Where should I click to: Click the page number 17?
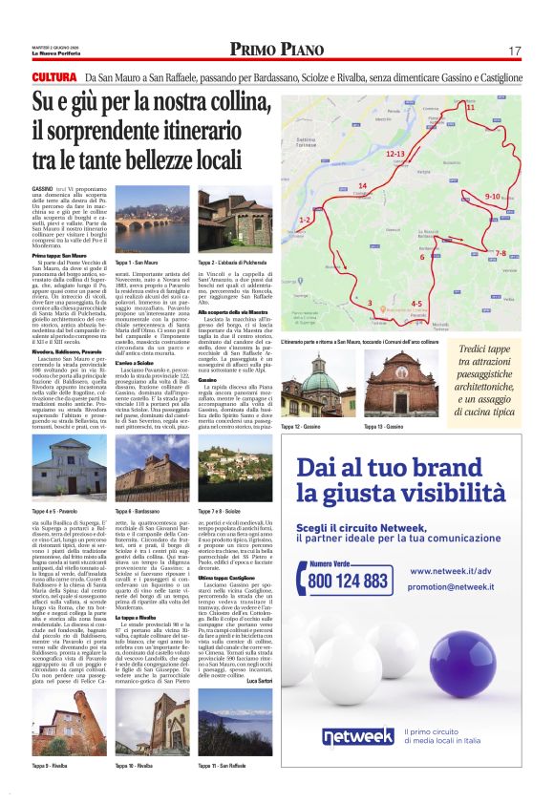point(514,50)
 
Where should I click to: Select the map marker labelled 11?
point(470,108)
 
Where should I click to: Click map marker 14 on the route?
point(362,185)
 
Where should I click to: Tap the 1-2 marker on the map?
point(305,221)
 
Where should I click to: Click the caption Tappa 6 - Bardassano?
point(138,513)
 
